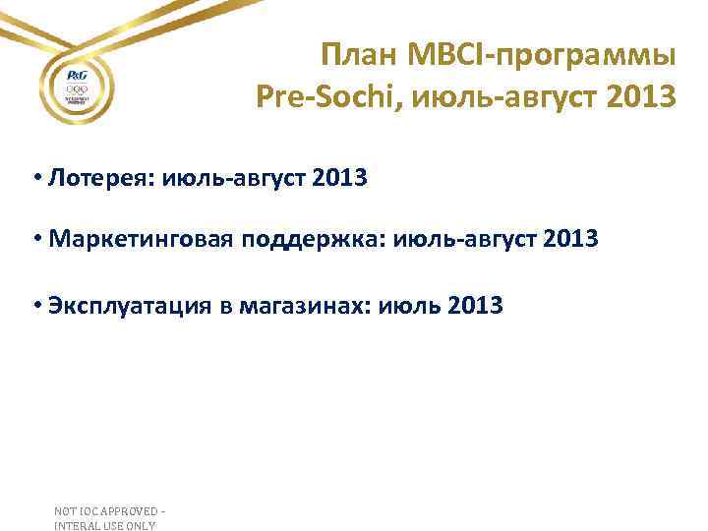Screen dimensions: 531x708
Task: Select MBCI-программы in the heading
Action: (541, 56)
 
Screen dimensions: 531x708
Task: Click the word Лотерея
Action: (99, 179)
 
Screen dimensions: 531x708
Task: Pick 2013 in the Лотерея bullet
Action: (337, 179)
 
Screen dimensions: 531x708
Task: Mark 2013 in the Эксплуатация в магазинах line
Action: (475, 306)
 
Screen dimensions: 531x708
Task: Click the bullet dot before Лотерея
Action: (36, 179)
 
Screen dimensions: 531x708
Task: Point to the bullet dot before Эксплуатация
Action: (36, 306)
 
